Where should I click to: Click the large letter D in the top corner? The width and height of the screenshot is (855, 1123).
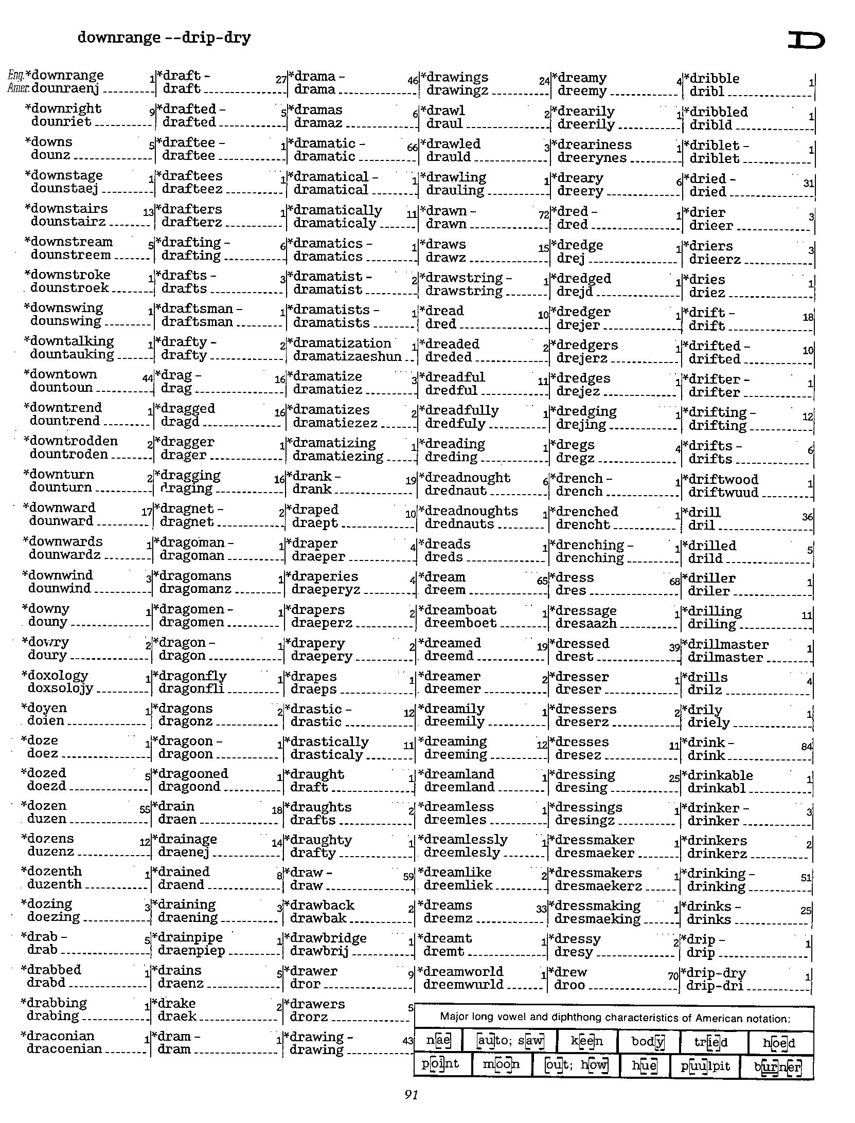tap(806, 40)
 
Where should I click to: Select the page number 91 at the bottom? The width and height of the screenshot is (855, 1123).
tap(411, 1095)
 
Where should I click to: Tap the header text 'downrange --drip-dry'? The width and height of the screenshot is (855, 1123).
tap(164, 38)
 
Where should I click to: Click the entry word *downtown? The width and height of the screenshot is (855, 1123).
tap(61, 374)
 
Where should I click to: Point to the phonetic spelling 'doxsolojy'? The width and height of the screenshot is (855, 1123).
tap(61, 688)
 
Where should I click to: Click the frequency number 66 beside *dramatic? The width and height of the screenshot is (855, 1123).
tap(412, 148)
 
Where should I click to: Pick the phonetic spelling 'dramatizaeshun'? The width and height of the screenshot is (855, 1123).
tap(347, 356)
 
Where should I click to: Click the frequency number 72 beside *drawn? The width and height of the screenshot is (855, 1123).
tap(543, 215)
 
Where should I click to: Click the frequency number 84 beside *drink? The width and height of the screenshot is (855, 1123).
tap(807, 746)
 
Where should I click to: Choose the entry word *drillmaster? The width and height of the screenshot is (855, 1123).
tap(725, 645)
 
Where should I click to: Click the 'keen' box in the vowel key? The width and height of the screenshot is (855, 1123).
tap(587, 1042)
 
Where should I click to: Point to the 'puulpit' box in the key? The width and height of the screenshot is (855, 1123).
tap(705, 1065)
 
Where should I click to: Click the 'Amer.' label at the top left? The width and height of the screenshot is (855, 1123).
tap(19, 88)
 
